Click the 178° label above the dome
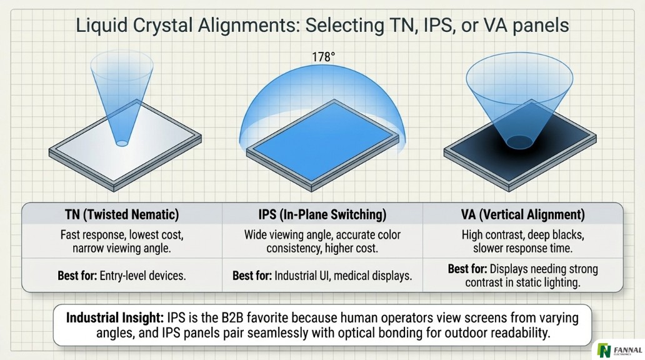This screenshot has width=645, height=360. [x=324, y=56]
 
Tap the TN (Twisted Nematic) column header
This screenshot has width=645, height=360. [x=122, y=214]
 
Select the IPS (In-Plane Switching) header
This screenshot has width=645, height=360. [x=322, y=214]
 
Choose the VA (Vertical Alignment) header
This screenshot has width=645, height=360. [x=523, y=214]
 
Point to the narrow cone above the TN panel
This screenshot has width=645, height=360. [x=122, y=94]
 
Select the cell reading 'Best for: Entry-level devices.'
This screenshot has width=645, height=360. [x=122, y=275]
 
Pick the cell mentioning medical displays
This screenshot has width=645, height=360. [x=322, y=275]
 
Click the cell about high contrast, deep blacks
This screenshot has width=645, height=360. [x=523, y=241]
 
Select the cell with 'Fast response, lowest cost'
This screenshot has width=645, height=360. [x=122, y=241]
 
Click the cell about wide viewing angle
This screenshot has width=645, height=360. [x=322, y=241]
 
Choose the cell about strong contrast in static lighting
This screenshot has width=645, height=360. [x=523, y=276]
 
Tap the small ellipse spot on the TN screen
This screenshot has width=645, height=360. [x=122, y=143]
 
